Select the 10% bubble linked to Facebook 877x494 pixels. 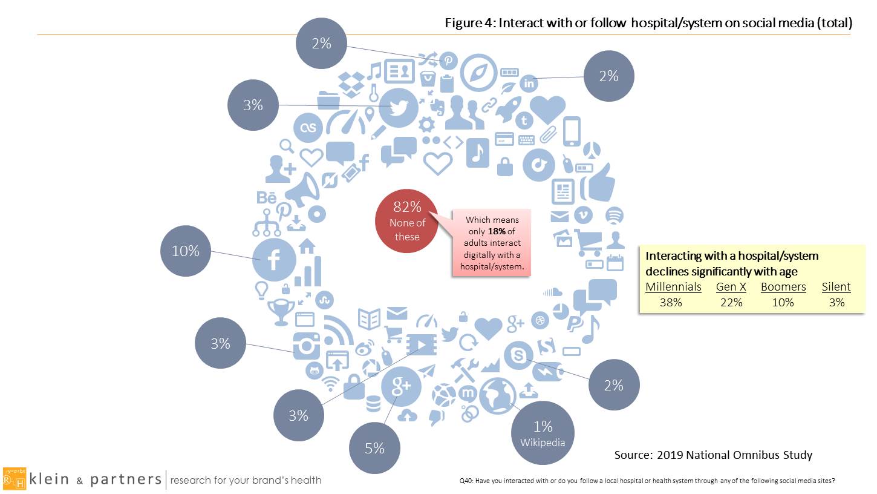coord(186,251)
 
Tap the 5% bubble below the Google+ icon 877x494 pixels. coord(375,447)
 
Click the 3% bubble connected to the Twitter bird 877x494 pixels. coord(253,105)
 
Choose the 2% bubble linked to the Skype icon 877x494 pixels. coord(614,385)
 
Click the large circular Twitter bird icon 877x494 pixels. coord(398,107)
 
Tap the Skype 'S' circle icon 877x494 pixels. coord(518,355)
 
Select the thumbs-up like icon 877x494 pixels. coord(598,183)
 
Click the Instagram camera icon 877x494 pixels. coord(306,346)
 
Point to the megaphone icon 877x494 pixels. coord(302,190)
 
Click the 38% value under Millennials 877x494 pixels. coord(671,302)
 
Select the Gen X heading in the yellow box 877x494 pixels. coord(731,287)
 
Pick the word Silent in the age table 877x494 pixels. coord(836,287)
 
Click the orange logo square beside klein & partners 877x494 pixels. coord(15,479)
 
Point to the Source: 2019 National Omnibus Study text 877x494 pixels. coord(713,455)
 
